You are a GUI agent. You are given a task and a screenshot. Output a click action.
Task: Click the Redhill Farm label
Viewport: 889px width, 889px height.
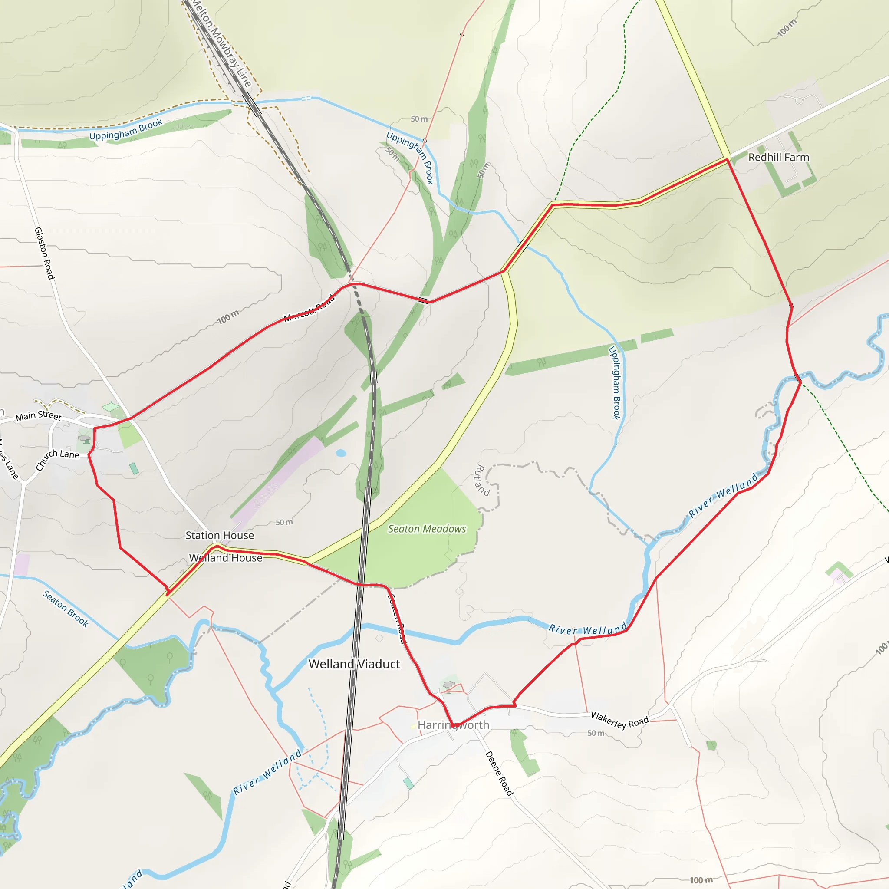point(778,158)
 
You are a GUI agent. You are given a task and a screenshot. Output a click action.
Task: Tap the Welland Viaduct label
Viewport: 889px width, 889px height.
point(354,664)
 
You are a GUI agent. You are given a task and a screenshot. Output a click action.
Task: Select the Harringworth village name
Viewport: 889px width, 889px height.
point(453,725)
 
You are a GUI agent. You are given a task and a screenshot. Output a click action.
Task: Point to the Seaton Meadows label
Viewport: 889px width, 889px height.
point(427,529)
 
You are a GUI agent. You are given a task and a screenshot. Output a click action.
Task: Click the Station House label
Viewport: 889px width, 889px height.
point(220,535)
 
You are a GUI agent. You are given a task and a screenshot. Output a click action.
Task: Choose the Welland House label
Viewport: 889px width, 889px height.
point(225,558)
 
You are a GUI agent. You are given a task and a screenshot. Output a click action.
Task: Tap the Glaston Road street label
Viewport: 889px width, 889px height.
point(45,253)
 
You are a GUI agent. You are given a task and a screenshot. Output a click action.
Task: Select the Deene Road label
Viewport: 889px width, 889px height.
point(499,773)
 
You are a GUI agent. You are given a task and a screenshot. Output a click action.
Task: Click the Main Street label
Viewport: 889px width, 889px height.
point(38,415)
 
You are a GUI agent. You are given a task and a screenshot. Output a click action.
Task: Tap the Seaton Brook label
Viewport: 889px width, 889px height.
point(66,609)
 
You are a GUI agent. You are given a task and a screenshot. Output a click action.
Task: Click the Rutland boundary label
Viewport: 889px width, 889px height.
point(481,480)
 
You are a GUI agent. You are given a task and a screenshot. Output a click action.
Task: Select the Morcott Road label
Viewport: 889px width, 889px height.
point(309,309)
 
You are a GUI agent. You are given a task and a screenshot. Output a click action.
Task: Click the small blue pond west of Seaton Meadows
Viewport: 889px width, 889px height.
point(340,453)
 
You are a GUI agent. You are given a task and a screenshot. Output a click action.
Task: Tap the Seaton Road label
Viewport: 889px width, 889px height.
point(398,619)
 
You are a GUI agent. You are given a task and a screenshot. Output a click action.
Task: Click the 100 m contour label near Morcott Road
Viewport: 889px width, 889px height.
point(228,317)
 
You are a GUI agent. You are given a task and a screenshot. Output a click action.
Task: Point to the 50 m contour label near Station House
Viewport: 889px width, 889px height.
point(284,522)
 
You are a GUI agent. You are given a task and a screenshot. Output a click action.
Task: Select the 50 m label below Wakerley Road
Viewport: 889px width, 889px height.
point(596,733)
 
